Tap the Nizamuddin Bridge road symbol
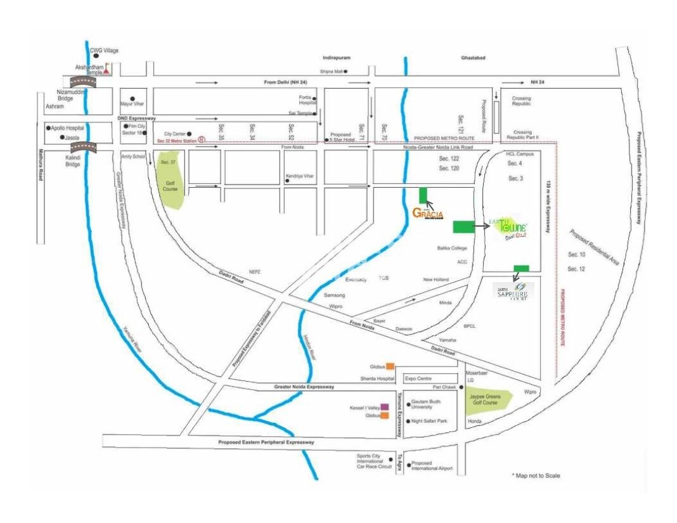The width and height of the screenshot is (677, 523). tap(82, 81)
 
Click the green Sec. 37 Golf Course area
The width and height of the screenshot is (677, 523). tap(170, 181)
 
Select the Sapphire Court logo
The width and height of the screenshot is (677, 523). tap(513, 291)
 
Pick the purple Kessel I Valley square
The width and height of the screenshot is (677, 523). tap(384, 407)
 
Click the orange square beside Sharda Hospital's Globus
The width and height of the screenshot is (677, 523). tap(390, 366)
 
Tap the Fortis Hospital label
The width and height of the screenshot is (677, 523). tap(307, 100)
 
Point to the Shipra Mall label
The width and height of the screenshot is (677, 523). tap(331, 72)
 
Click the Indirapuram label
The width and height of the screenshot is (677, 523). tap(336, 58)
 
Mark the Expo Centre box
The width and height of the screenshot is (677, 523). tap(418, 378)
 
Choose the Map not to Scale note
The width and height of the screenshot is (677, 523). tap(536, 475)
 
